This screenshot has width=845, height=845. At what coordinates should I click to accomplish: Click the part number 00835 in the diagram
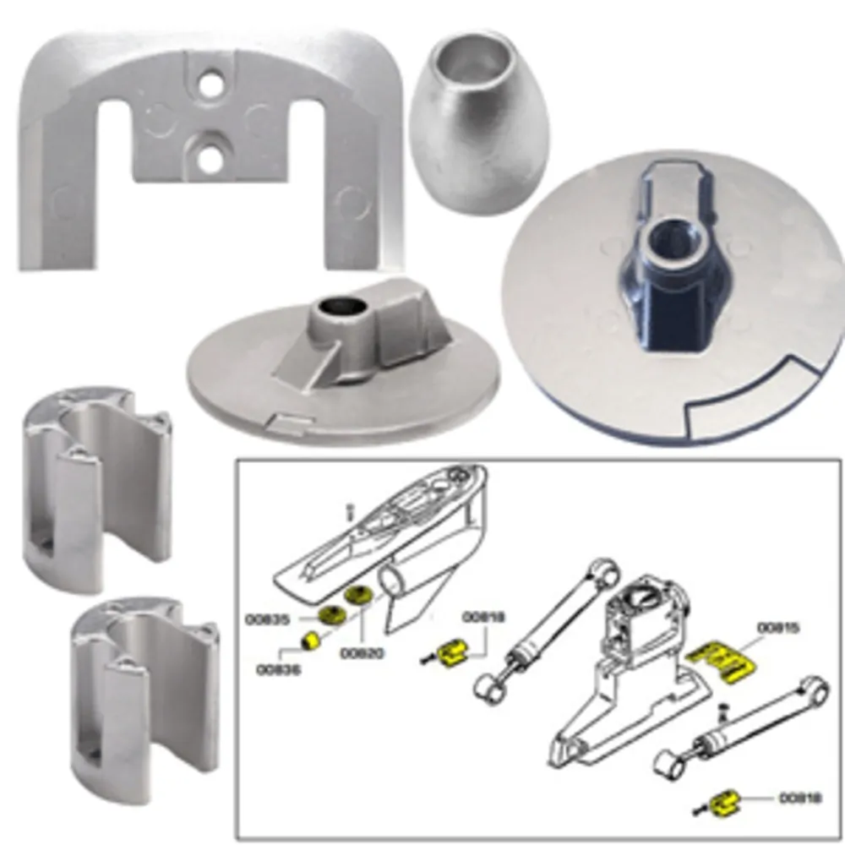(268, 619)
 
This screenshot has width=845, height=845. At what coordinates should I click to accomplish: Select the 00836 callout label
(279, 670)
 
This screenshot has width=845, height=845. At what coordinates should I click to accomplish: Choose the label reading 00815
(778, 628)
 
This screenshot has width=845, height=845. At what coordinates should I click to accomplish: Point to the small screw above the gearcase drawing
(349, 511)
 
